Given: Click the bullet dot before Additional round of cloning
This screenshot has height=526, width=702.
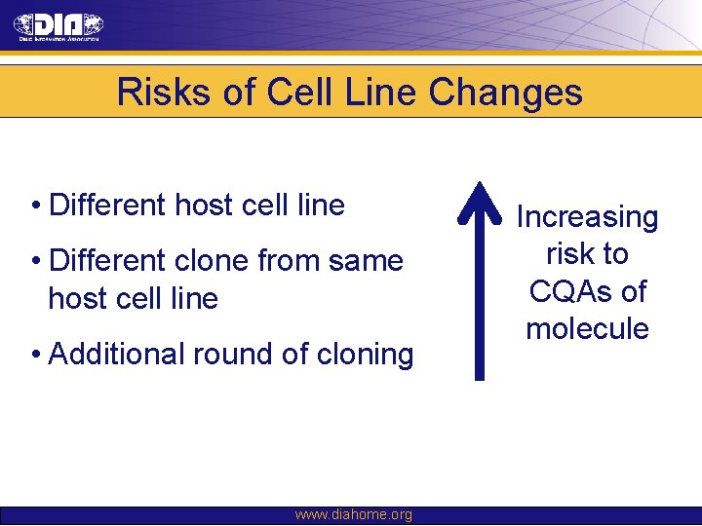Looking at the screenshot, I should click(x=34, y=354).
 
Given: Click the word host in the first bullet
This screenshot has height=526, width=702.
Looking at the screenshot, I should click(x=208, y=206).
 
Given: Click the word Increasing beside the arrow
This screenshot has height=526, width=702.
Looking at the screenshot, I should click(x=587, y=216).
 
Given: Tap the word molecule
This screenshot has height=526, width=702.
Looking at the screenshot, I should click(x=587, y=328).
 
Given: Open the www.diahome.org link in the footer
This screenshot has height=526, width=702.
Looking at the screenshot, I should click(x=353, y=515).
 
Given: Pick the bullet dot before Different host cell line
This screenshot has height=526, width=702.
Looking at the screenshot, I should click(x=34, y=206).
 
